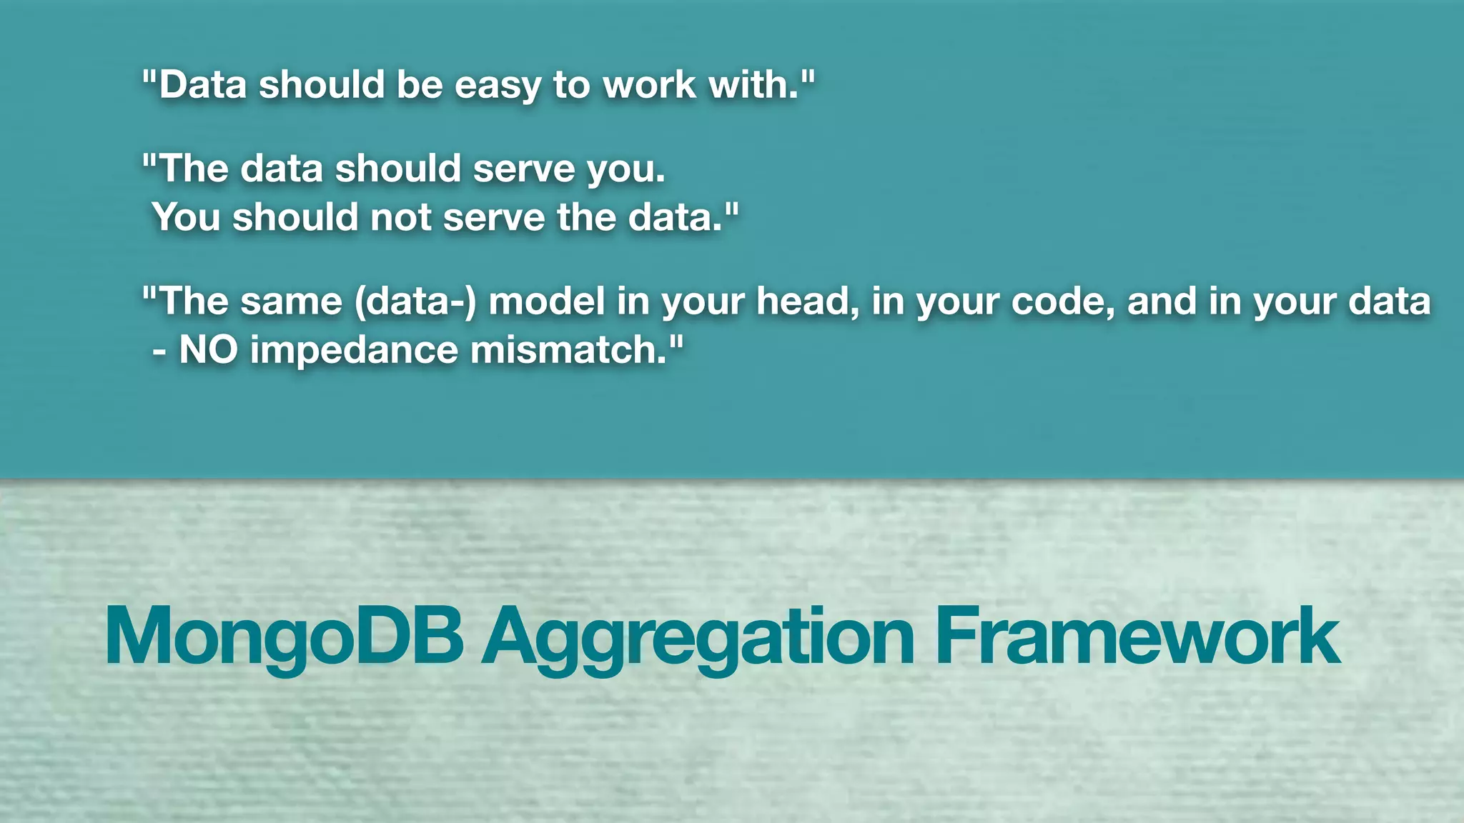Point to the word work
pos(649,86)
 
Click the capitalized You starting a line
pos(186,217)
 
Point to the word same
pos(291,301)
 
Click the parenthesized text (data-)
pos(415,301)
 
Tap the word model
pos(547,301)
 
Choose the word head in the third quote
pos(808,301)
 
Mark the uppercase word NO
pos(208,351)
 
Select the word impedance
pos(354,351)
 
